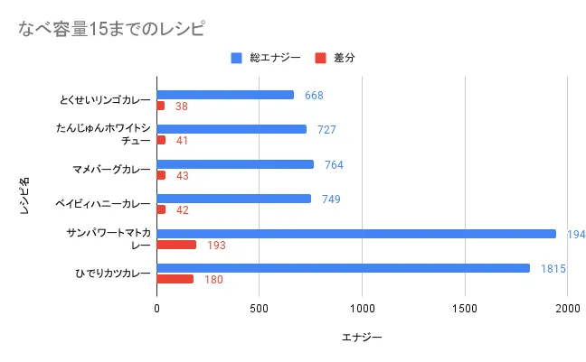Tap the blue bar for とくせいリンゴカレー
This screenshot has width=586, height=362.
(225, 95)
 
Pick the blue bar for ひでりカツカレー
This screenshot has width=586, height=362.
(343, 268)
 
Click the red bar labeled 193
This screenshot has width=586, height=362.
(176, 245)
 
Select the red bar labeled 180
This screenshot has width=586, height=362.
(175, 279)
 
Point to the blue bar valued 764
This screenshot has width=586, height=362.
(235, 164)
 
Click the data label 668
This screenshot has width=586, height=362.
(314, 95)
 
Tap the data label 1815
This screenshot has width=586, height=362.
(554, 268)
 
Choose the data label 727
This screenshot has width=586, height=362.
(326, 129)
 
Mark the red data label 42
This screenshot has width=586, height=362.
(182, 210)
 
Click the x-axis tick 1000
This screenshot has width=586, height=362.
(362, 308)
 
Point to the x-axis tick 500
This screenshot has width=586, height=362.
(260, 308)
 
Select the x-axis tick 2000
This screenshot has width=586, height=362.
(567, 308)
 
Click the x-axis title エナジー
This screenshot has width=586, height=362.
(362, 338)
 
